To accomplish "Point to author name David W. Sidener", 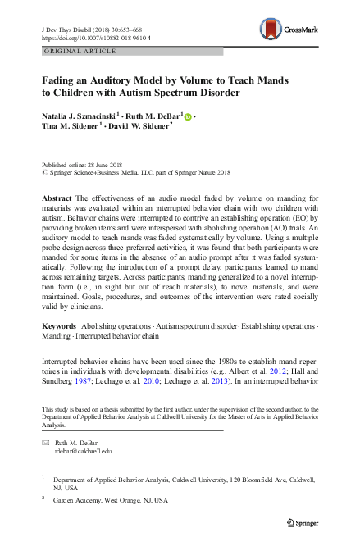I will (138, 128).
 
